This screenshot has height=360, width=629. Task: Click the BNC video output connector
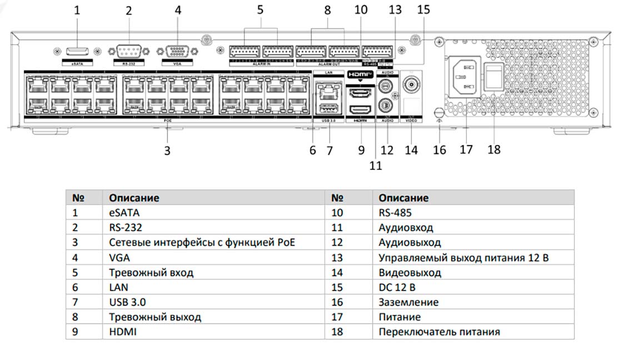coord(412,86)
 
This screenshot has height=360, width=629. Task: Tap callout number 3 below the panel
coord(167,150)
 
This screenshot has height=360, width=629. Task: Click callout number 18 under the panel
coord(493,149)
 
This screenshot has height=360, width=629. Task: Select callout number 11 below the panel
coord(376,165)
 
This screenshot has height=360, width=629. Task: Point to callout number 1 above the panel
coord(77,9)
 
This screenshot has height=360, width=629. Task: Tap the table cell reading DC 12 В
coord(397,287)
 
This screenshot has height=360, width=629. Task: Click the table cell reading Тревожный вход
coord(151,272)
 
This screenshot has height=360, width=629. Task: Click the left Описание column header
coord(134,198)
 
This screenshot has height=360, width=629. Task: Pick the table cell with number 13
coord(337,257)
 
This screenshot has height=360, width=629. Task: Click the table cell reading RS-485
coord(395,212)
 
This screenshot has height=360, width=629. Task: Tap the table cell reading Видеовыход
coord(410,272)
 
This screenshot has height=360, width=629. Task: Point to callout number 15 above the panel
coord(423,9)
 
